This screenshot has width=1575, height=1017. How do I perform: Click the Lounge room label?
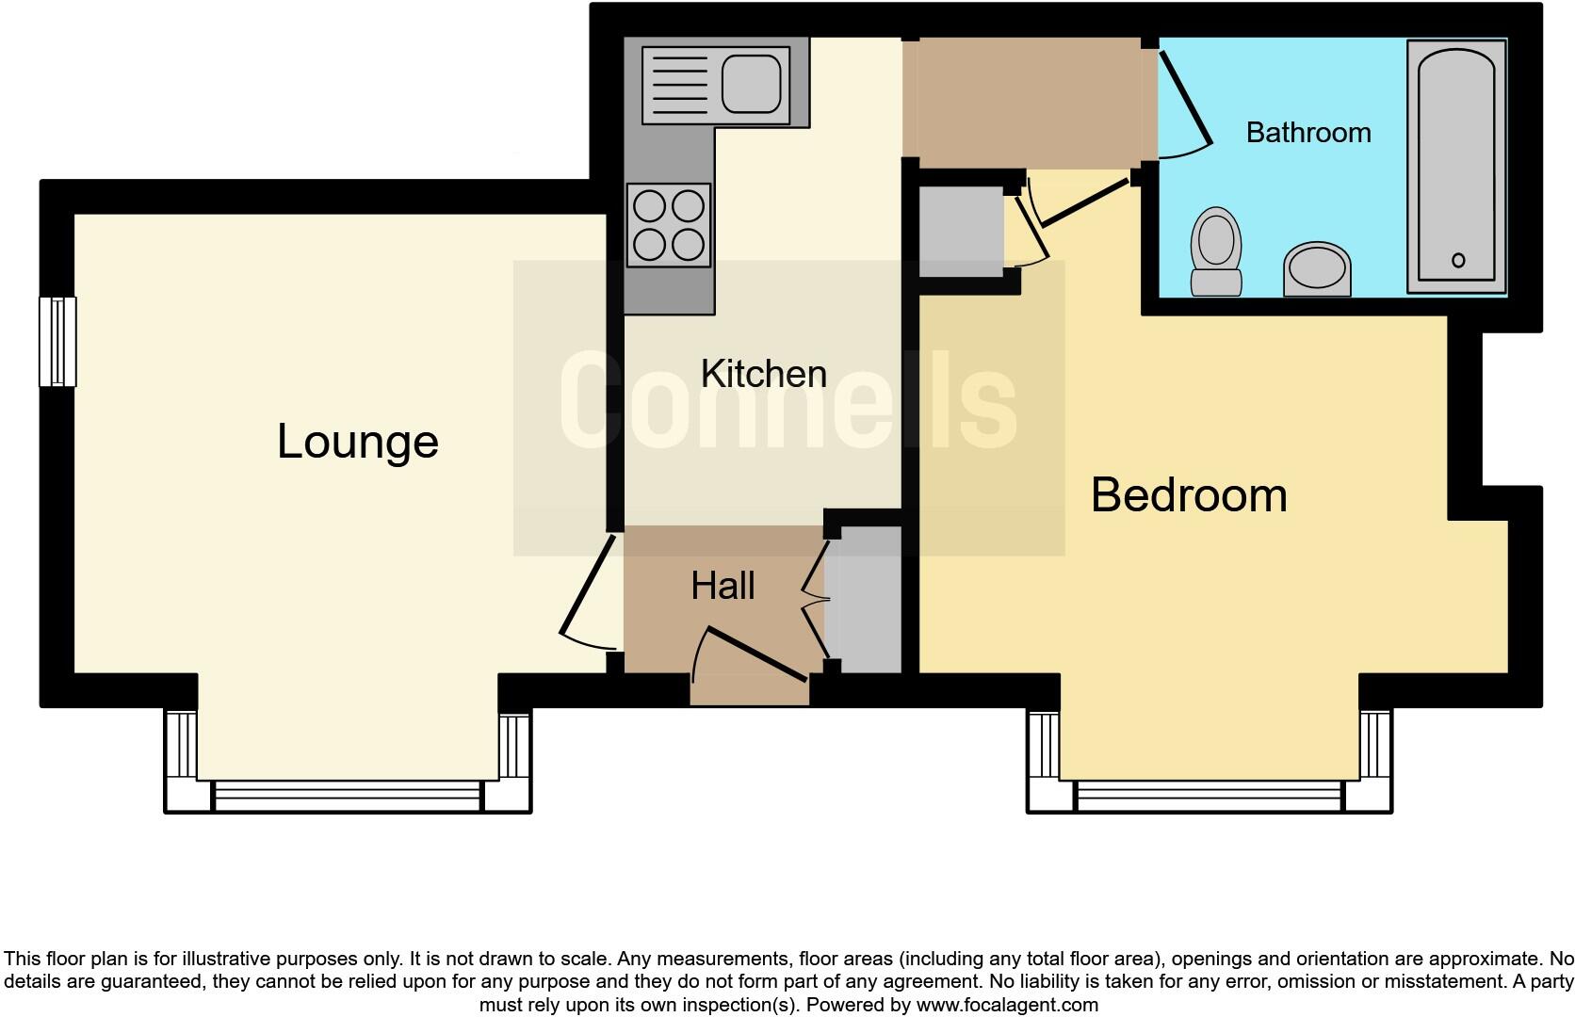tap(358, 442)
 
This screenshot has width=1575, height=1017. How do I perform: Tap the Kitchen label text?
tap(763, 374)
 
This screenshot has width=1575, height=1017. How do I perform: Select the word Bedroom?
tap(1189, 495)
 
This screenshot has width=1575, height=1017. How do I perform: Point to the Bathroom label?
tap(1307, 133)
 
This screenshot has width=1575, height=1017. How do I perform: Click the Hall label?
tap(723, 586)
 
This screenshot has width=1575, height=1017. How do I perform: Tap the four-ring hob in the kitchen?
tap(669, 225)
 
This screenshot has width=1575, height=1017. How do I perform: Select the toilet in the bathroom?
tap(1215, 250)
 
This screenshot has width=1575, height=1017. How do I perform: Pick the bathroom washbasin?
tap(1317, 267)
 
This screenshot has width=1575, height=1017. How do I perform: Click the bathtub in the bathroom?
tap(1456, 165)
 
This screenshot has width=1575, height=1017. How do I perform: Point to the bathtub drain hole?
tap(1458, 261)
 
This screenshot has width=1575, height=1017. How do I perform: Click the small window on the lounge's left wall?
tap(57, 342)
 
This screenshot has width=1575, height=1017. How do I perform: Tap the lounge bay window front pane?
tap(349, 796)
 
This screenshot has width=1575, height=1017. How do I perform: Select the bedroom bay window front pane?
tap(1210, 796)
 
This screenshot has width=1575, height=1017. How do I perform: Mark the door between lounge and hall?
tap(588, 593)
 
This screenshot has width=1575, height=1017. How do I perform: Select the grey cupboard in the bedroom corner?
tap(960, 232)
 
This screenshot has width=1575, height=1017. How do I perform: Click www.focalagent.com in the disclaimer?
tap(1007, 1005)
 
